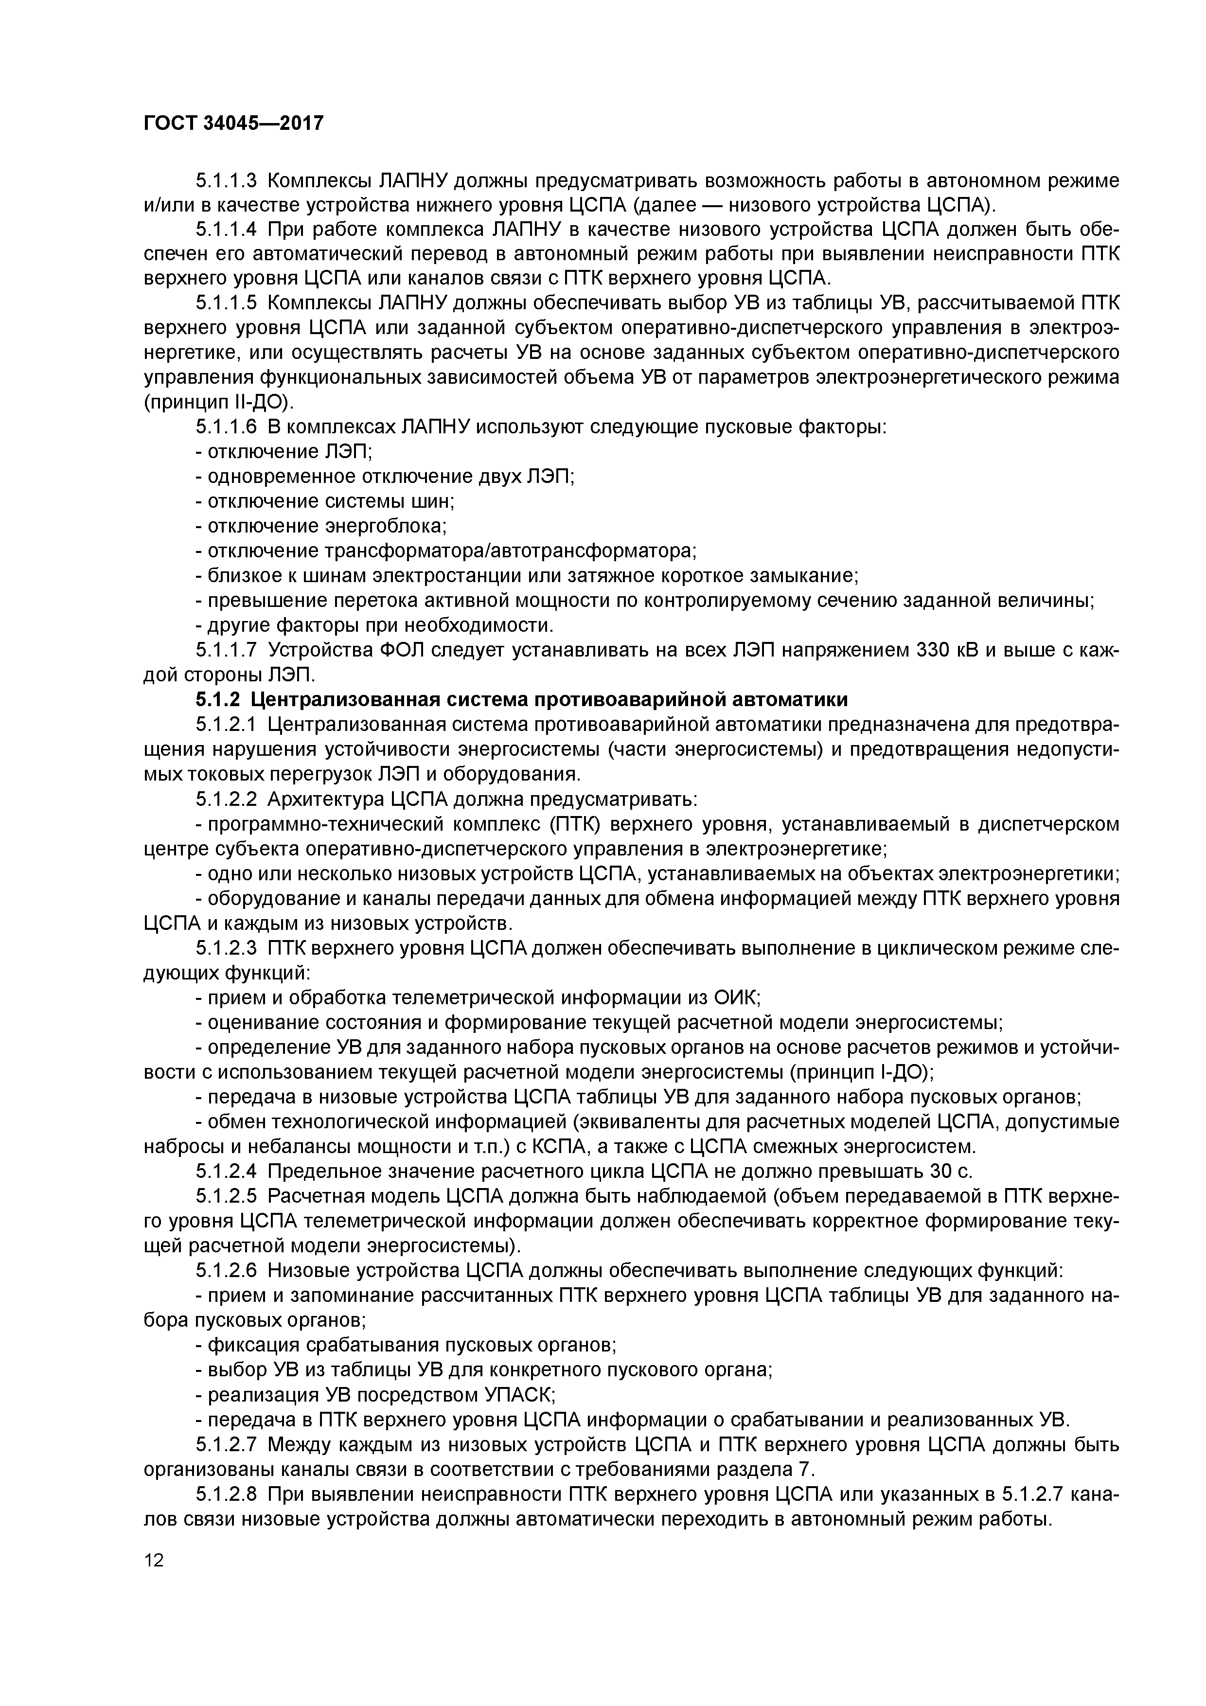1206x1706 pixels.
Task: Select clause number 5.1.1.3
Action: (x=226, y=181)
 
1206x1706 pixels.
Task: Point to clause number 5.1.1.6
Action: (x=226, y=427)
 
